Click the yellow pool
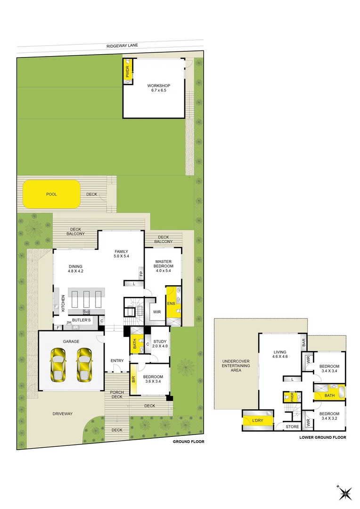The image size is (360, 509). (51, 194)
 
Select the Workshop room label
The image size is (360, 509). (158, 88)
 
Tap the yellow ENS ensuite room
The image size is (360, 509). (171, 304)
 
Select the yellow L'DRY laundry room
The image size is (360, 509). (257, 420)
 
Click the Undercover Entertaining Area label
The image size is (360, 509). (236, 366)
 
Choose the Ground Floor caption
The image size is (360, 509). (188, 442)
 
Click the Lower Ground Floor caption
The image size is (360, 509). (322, 437)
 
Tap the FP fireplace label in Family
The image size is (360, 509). (141, 273)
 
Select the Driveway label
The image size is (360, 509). (62, 414)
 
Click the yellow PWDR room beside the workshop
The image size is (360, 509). (127, 72)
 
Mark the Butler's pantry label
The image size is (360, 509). (81, 320)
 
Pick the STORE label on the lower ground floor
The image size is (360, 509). (292, 427)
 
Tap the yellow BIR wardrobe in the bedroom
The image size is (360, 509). (133, 378)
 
